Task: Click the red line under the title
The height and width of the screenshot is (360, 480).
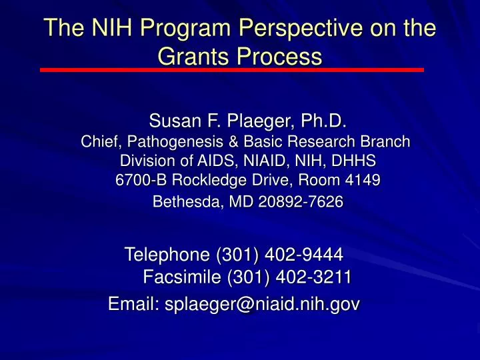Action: pyautogui.click(x=231, y=69)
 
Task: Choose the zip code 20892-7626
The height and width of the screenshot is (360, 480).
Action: pyautogui.click(x=307, y=203)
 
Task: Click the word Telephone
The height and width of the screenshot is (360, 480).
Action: pyautogui.click(x=167, y=254)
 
